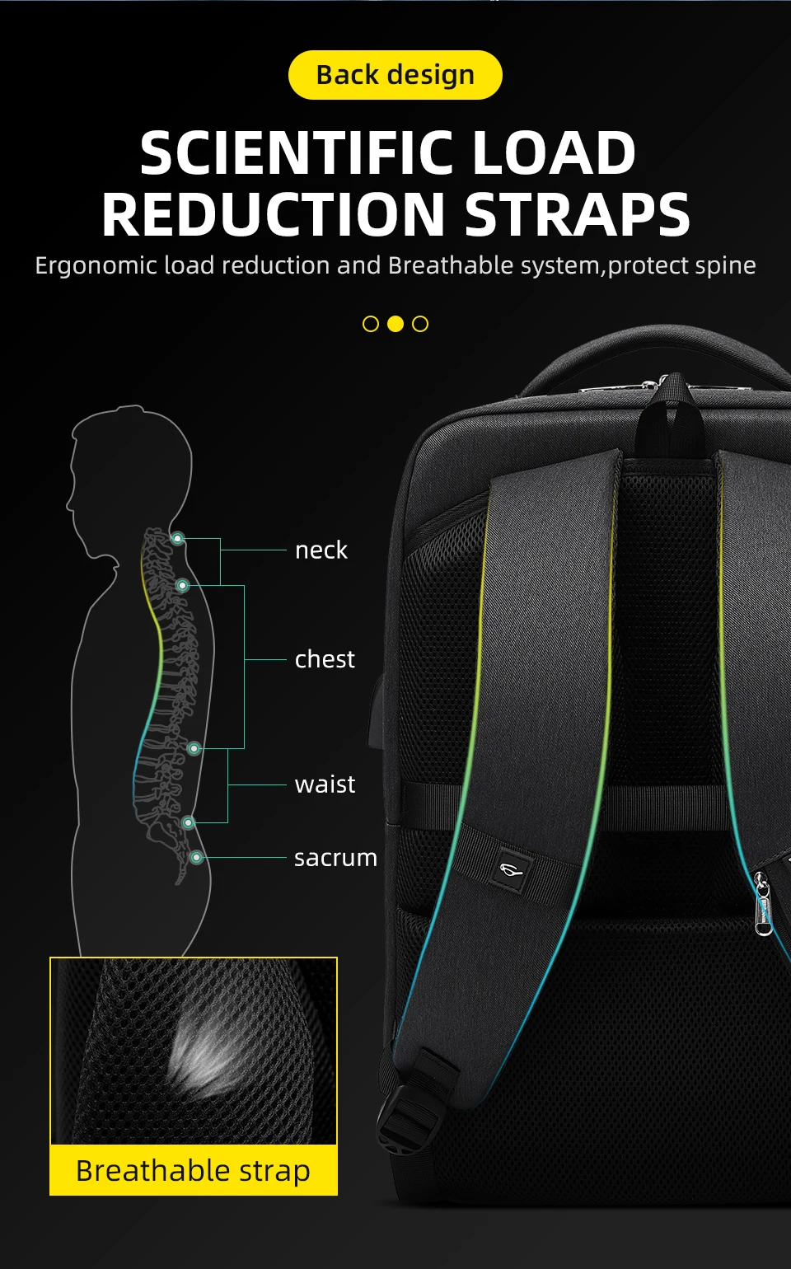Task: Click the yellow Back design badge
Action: [x=395, y=75]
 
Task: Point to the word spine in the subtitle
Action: [x=726, y=265]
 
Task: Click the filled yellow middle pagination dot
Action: [x=395, y=324]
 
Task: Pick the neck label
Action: [x=321, y=550]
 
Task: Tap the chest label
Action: [x=325, y=659]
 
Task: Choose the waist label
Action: [x=325, y=784]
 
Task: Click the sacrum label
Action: [x=335, y=858]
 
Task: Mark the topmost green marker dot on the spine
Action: [x=177, y=539]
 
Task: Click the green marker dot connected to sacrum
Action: [x=196, y=858]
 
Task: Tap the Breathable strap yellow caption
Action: [x=194, y=1170]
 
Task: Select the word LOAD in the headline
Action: [x=554, y=154]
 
